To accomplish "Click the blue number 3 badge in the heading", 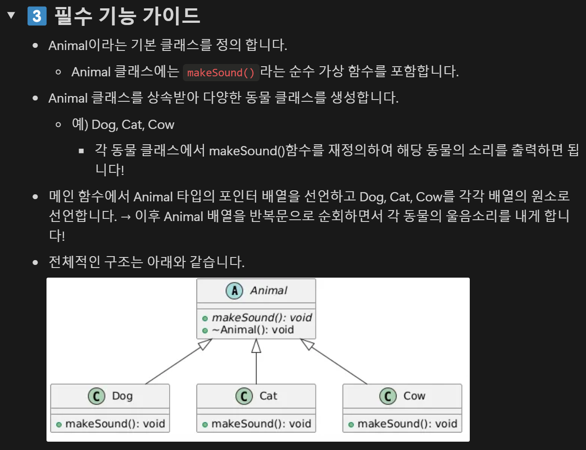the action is (37, 16).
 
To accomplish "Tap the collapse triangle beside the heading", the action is (11, 15).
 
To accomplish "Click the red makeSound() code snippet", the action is (221, 72).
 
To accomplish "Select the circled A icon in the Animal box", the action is (234, 291).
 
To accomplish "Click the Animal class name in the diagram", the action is (268, 291).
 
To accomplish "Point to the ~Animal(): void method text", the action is (253, 330).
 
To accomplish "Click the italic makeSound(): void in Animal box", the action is (262, 318).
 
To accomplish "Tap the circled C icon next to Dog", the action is (96, 396).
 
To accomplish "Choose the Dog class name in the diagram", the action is (122, 396).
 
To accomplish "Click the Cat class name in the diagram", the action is (268, 396).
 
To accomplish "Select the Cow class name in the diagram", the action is (414, 396).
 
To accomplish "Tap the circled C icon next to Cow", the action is (388, 396).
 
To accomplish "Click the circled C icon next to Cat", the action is (244, 396).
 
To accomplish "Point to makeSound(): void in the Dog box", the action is (115, 424).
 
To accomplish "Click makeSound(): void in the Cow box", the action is (407, 424).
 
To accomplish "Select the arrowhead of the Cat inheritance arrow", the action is (256, 346).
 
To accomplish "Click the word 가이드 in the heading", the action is (171, 16).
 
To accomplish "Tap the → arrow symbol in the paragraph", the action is (126, 217).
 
